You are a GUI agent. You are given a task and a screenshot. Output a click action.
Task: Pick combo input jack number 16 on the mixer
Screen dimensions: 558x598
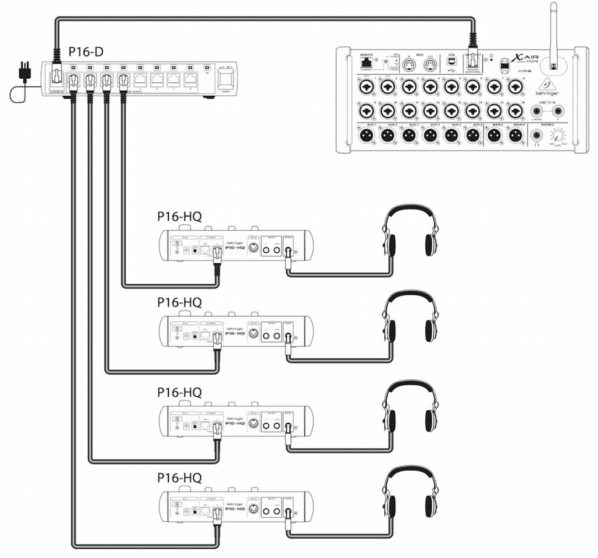coord(515,110)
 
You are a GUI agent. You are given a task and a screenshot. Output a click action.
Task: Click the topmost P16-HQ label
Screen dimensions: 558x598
coord(179,217)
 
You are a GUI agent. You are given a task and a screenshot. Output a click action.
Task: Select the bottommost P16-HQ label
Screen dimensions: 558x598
coord(179,478)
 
